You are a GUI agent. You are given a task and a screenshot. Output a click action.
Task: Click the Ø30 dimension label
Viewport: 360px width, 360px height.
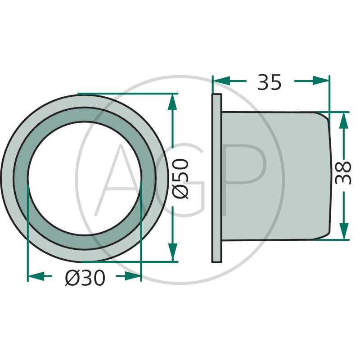coord(85,278)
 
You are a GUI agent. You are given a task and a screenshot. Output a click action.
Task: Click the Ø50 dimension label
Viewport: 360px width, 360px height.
coord(181,179)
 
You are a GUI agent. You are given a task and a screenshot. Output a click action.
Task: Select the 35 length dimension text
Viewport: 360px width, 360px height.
coord(269,82)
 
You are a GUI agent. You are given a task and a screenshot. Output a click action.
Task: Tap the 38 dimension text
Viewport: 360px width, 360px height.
coord(343,173)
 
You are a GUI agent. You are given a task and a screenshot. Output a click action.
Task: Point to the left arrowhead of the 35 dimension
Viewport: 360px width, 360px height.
coord(221,81)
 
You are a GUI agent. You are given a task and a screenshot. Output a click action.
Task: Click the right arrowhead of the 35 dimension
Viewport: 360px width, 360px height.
coord(321,81)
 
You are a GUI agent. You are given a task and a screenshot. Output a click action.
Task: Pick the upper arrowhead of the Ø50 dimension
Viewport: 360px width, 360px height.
coord(172,102)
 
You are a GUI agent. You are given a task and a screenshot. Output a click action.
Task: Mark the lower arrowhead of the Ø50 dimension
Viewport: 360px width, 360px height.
coord(173,253)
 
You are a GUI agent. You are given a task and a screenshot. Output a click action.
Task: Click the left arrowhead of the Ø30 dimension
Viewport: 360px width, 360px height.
coord(36,276)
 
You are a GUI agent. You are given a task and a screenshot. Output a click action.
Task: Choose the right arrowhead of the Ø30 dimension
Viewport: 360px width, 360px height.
coord(132,276)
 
